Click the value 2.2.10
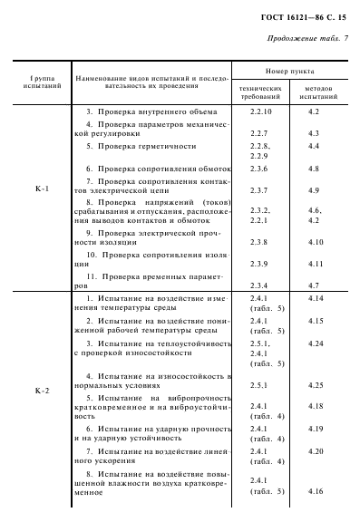pos(261,111)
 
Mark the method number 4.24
pos(316,344)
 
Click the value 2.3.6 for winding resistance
pos(258,169)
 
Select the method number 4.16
pos(316,490)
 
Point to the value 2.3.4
pos(258,285)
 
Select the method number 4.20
pos(316,450)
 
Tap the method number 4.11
pos(316,263)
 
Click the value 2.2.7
pos(258,133)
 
